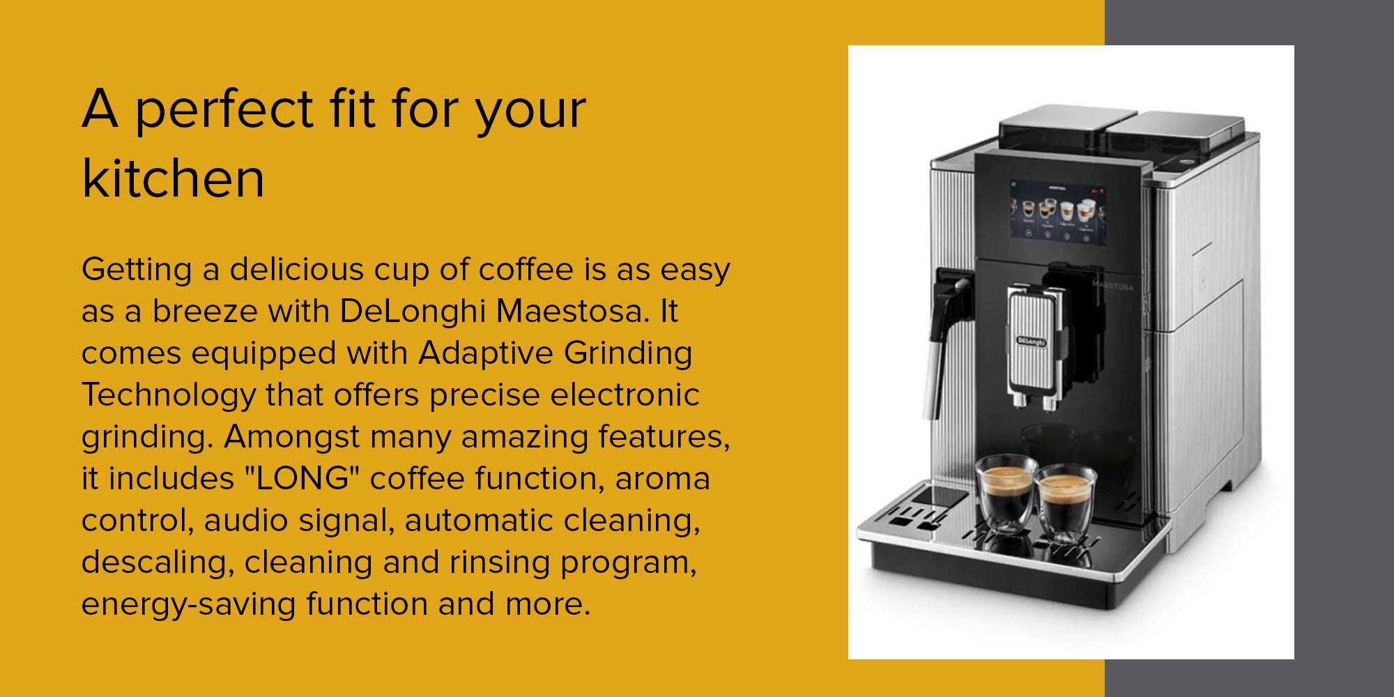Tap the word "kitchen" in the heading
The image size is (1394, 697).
[173, 179]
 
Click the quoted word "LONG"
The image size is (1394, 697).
[302, 478]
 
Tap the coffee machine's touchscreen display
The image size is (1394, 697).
[1058, 211]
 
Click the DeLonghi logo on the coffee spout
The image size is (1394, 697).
[1032, 342]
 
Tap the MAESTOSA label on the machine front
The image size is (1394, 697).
[1112, 286]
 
